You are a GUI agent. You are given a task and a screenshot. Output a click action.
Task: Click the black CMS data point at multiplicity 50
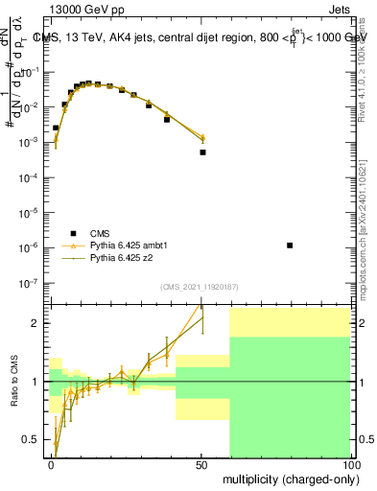coord(202,152)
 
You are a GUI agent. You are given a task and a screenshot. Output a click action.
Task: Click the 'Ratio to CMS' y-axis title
coord(13,382)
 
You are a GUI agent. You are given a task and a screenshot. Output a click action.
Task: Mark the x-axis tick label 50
coord(201,464)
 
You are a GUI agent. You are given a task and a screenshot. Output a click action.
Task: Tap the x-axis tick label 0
coord(51,464)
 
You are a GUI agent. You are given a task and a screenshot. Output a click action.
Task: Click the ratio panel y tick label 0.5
coord(32,440)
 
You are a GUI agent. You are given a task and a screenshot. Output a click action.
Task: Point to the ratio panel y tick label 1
coord(36,382)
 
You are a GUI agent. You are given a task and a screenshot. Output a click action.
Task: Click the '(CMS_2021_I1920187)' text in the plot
coord(200,287)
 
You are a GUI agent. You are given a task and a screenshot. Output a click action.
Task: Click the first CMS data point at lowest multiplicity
coord(56,128)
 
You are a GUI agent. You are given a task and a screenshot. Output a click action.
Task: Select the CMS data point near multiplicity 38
coord(167,120)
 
